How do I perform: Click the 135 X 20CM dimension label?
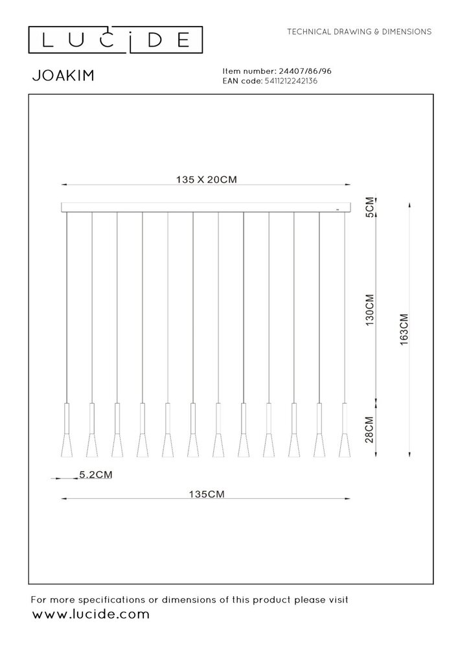pyautogui.click(x=205, y=181)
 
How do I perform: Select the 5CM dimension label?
pyautogui.click(x=370, y=207)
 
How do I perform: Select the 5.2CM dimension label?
pyautogui.click(x=95, y=474)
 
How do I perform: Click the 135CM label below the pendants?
pyautogui.click(x=205, y=494)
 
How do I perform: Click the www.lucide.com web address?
pyautogui.click(x=90, y=614)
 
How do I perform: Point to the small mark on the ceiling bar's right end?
pyautogui.click(x=336, y=210)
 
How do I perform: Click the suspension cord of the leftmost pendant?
pyautogui.click(x=67, y=305)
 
